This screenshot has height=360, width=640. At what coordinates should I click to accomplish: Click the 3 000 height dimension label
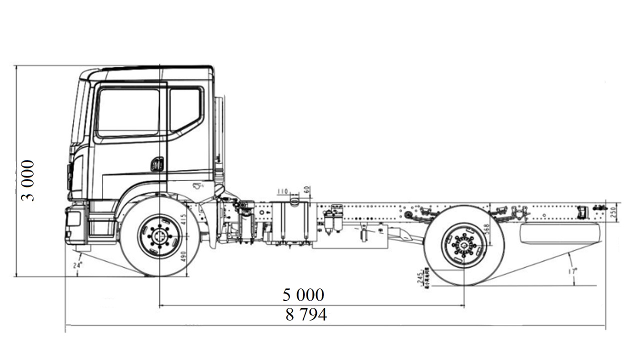pyautogui.click(x=28, y=180)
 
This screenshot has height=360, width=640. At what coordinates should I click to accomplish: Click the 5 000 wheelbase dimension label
pyautogui.click(x=303, y=295)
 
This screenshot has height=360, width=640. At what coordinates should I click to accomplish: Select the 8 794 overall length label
pyautogui.click(x=306, y=315)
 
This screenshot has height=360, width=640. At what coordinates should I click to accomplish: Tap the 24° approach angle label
pyautogui.click(x=76, y=265)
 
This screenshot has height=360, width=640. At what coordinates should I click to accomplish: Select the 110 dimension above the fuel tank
pyautogui.click(x=282, y=191)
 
